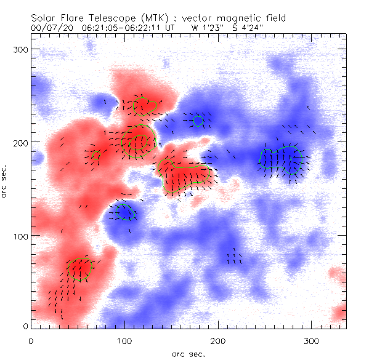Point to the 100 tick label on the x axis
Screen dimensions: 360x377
124,340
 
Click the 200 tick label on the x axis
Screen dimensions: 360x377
218,340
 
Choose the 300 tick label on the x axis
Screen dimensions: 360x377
312,340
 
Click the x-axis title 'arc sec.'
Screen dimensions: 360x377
188,353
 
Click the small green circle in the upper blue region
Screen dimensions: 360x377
198,121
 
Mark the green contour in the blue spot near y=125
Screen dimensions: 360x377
126,212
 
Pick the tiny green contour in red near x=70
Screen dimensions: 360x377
96,154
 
